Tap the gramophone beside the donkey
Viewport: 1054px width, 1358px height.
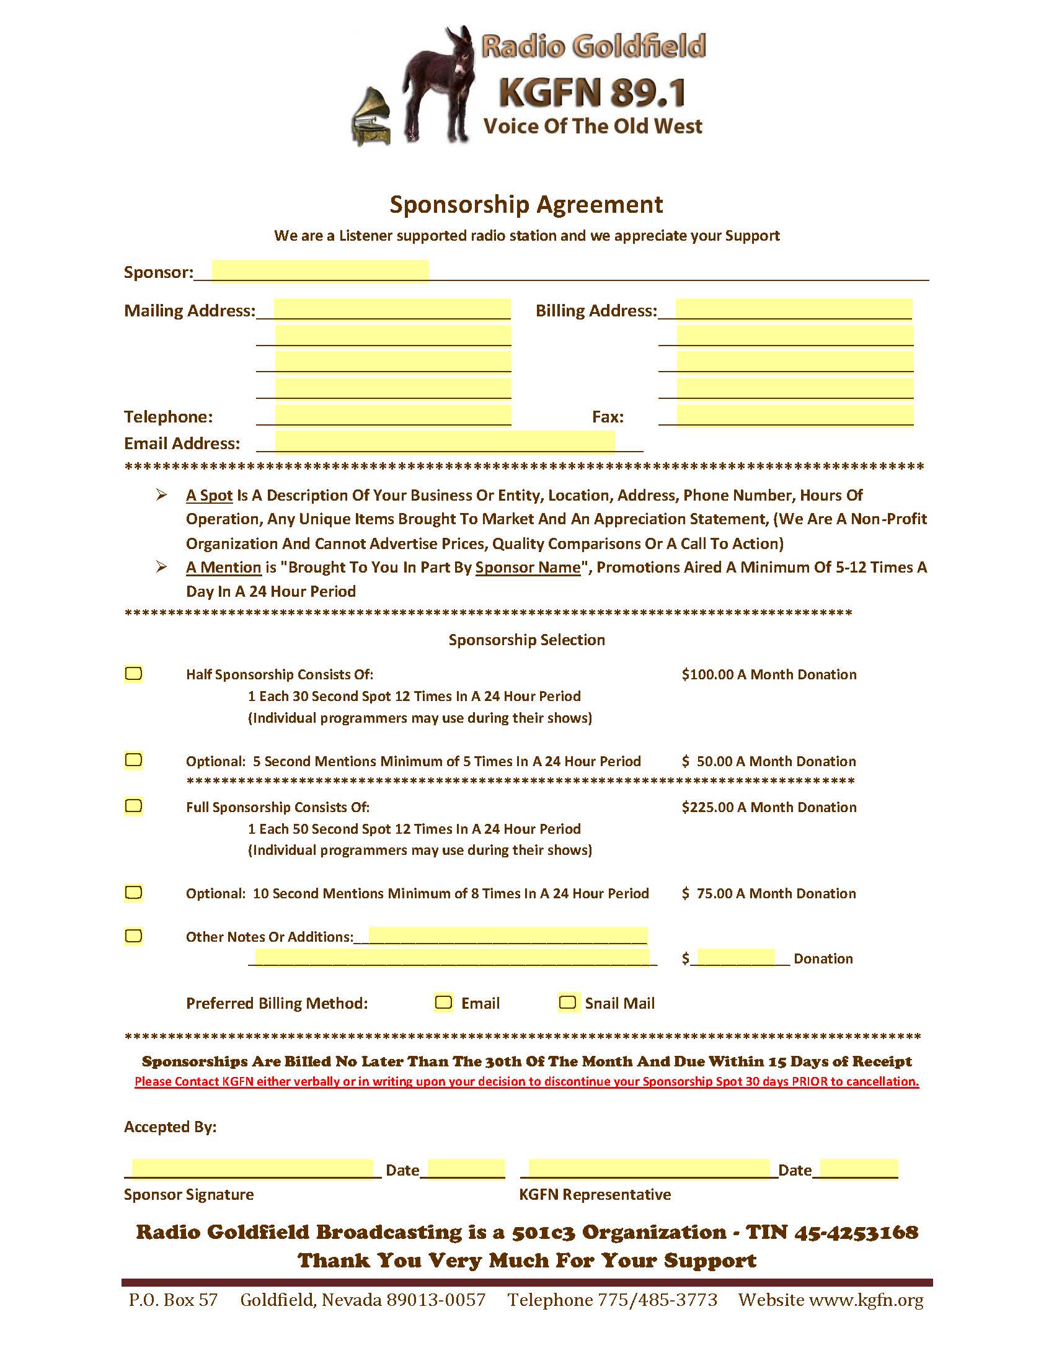[372, 118]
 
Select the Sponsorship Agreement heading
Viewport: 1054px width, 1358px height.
[526, 205]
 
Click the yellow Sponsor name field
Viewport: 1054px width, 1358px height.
[320, 272]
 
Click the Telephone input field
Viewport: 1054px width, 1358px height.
[392, 416]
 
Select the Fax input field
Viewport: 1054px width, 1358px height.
[795, 416]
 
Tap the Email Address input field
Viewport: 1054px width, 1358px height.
[445, 442]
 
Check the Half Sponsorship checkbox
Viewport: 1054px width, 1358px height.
[134, 673]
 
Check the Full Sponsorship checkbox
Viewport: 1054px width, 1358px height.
[134, 806]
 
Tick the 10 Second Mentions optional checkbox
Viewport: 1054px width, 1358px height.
[134, 892]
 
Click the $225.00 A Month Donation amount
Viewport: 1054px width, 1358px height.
[769, 807]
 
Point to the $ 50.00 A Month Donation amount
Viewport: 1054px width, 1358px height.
[769, 761]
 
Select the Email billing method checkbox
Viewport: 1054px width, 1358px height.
[443, 1003]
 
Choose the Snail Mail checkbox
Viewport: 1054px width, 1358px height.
[567, 1003]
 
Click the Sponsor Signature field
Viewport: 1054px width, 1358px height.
[252, 1168]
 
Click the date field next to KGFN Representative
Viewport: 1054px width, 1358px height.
[858, 1168]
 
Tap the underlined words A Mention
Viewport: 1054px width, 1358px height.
[224, 567]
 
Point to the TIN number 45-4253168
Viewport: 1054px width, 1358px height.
[856, 1233]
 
